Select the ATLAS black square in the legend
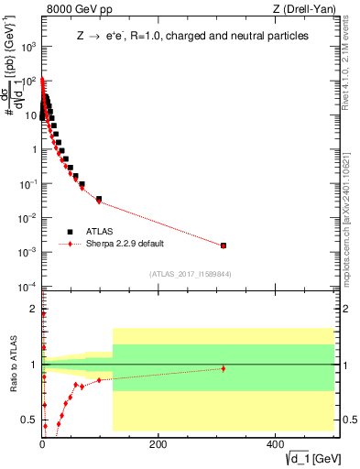[70, 232]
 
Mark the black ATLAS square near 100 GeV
[99, 199]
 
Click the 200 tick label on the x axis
[158, 444]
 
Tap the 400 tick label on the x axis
[275, 444]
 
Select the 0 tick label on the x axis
[42, 444]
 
